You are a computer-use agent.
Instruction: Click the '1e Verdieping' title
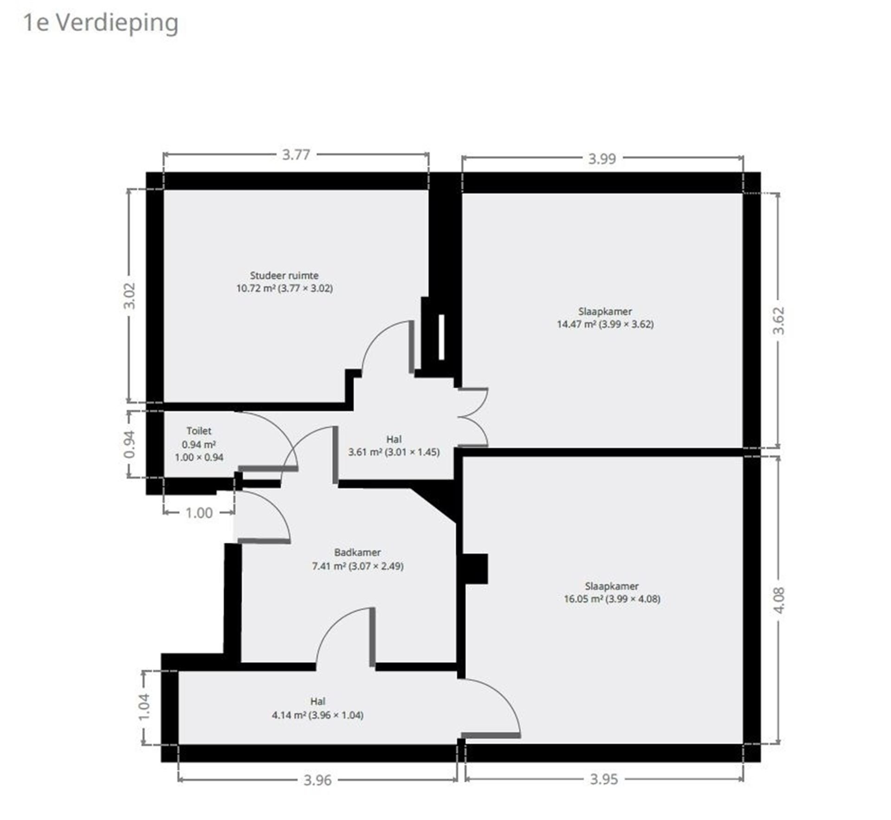pyautogui.click(x=100, y=22)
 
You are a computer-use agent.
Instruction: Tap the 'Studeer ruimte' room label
pyautogui.click(x=284, y=282)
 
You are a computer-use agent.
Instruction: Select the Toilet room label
pyautogui.click(x=199, y=444)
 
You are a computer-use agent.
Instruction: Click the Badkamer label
pyautogui.click(x=357, y=559)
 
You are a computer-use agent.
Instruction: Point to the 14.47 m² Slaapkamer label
pyautogui.click(x=605, y=318)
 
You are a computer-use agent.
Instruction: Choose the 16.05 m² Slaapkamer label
pyautogui.click(x=612, y=592)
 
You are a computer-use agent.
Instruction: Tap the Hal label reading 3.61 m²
pyautogui.click(x=394, y=446)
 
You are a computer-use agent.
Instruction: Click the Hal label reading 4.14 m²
pyautogui.click(x=317, y=708)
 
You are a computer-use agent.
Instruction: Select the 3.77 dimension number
pyautogui.click(x=296, y=155)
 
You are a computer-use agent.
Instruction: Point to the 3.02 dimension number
pyautogui.click(x=130, y=296)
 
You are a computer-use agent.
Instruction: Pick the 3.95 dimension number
pyautogui.click(x=604, y=779)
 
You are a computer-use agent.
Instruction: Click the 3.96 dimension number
pyautogui.click(x=317, y=780)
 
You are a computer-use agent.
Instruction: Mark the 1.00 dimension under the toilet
pyautogui.click(x=199, y=513)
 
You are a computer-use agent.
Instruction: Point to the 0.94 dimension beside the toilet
pyautogui.click(x=130, y=444)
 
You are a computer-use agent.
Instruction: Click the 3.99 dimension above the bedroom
pyautogui.click(x=602, y=159)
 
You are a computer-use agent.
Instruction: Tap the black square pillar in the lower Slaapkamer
pyautogui.click(x=475, y=568)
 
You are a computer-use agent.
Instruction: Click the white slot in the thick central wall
pyautogui.click(x=441, y=337)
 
